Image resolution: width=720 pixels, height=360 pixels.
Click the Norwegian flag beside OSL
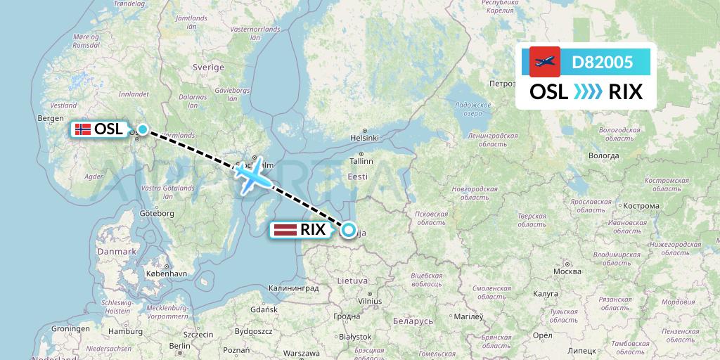(x=83, y=129)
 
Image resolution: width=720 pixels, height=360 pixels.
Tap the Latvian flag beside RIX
(x=285, y=229)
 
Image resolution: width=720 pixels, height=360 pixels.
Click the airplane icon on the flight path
(x=252, y=174)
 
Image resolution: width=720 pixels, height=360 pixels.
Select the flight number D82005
(x=602, y=63)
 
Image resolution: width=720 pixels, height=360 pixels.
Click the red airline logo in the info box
(x=544, y=62)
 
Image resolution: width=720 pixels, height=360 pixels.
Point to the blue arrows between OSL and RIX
(x=588, y=92)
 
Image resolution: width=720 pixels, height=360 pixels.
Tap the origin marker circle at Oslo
(x=143, y=129)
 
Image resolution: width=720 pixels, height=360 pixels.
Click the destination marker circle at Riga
(x=348, y=229)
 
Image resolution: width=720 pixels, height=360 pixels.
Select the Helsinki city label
(x=365, y=138)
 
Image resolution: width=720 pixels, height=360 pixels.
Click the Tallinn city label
(x=361, y=161)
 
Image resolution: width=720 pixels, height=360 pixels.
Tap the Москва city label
(x=567, y=271)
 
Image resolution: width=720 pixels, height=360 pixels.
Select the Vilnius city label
(x=369, y=301)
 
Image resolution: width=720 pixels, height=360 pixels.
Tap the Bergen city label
(x=51, y=118)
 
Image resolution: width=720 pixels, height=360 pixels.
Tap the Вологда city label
(x=604, y=155)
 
